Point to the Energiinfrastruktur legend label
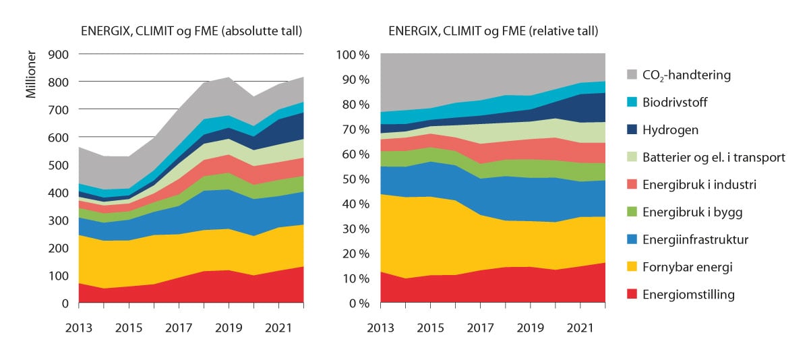point(694,239)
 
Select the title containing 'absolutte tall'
point(191,31)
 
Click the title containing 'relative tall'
point(493,31)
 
